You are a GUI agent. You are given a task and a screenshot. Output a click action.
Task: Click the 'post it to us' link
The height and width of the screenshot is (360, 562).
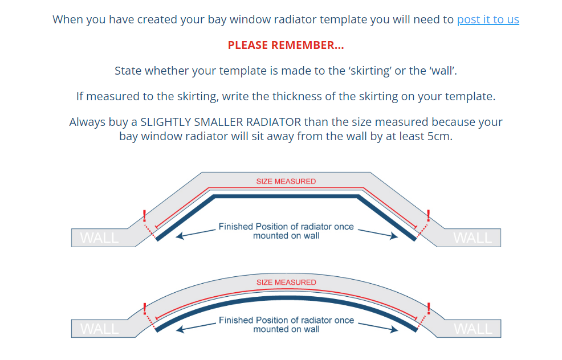(x=488, y=19)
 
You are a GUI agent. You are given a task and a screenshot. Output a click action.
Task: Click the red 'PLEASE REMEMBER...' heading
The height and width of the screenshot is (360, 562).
(x=286, y=45)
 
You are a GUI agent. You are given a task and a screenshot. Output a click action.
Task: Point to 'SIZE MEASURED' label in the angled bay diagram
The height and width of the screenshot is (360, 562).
(x=286, y=181)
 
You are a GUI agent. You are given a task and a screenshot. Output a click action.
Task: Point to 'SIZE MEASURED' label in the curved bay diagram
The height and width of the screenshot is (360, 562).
(x=286, y=283)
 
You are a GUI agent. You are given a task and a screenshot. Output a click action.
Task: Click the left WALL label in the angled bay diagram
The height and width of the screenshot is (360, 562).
(x=99, y=238)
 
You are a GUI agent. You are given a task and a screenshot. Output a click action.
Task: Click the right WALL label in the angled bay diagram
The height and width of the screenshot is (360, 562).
(x=473, y=238)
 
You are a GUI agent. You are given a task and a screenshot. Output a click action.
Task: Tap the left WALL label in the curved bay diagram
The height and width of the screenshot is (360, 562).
(x=99, y=329)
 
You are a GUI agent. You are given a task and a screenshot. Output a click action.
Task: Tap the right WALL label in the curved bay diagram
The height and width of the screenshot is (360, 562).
(x=473, y=329)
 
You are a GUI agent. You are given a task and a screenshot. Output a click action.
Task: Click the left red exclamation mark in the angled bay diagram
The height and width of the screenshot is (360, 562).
(x=144, y=216)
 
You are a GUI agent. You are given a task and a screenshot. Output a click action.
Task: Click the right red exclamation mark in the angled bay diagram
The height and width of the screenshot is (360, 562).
(x=428, y=216)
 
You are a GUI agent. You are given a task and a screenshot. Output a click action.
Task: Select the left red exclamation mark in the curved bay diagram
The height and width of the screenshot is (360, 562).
(x=144, y=309)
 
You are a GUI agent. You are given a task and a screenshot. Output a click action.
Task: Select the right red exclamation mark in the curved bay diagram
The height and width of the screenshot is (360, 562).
(x=429, y=309)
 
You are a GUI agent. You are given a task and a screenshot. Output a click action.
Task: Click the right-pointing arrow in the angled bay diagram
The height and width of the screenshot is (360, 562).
(x=378, y=234)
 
